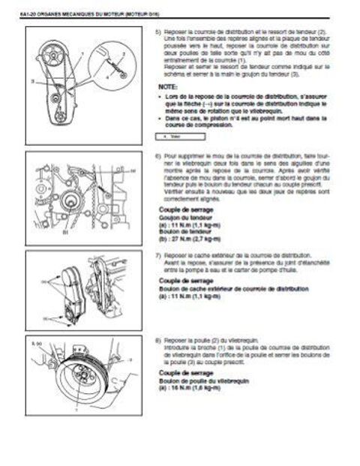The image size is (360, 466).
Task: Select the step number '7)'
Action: pos(156,256)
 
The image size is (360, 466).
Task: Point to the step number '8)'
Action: pos(156,341)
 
